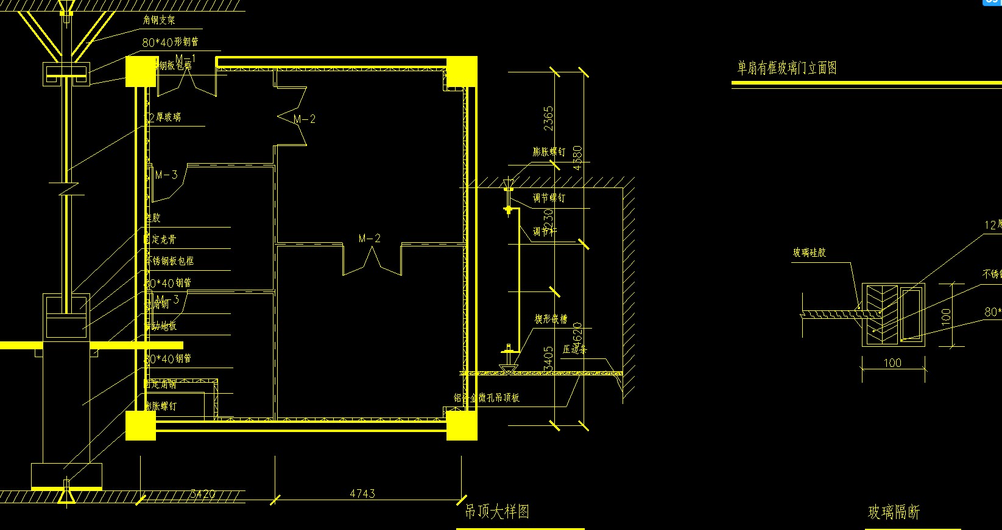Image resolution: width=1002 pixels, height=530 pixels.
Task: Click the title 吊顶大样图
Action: click(496, 511)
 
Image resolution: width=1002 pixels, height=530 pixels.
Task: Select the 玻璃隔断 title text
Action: click(893, 512)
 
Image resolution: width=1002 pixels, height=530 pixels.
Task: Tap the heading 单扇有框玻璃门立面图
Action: click(786, 68)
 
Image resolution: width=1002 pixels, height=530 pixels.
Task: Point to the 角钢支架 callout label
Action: click(159, 20)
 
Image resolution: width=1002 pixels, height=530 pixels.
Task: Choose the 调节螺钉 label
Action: click(549, 198)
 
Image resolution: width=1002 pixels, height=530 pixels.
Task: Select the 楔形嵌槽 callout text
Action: click(551, 319)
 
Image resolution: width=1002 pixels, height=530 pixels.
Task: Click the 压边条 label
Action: click(574, 349)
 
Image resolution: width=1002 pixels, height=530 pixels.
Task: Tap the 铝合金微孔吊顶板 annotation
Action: click(486, 397)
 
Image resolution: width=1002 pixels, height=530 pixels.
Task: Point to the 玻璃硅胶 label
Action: click(809, 253)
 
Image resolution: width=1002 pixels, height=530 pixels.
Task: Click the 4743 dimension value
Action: click(362, 493)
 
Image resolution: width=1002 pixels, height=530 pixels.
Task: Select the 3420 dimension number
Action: click(202, 494)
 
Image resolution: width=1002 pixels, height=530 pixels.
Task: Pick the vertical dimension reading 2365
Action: click(548, 119)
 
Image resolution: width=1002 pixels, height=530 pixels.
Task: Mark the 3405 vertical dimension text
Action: click(548, 359)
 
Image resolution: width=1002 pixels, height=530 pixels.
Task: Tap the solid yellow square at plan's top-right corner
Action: click(462, 72)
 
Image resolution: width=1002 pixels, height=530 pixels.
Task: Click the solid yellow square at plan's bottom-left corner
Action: click(141, 425)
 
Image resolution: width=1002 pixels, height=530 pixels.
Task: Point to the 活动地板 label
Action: click(162, 326)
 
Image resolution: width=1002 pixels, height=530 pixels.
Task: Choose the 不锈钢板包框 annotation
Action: click(170, 261)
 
